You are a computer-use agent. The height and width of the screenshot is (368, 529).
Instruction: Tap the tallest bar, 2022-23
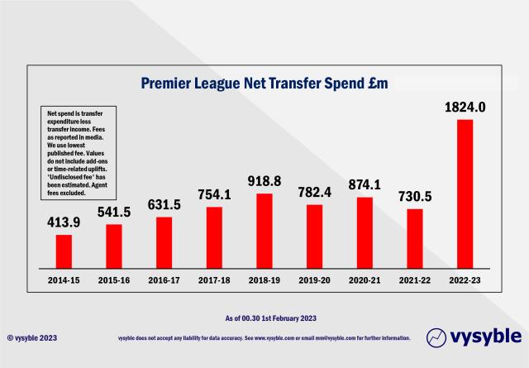click(x=465, y=194)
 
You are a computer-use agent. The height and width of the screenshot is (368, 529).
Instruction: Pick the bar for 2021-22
click(x=415, y=238)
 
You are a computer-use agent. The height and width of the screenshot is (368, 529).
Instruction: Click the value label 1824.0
click(x=465, y=108)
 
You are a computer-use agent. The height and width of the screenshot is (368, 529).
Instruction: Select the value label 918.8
click(x=264, y=180)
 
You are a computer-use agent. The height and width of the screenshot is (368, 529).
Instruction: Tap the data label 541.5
click(x=113, y=212)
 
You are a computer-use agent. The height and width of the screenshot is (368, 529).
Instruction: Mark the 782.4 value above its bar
click(x=314, y=192)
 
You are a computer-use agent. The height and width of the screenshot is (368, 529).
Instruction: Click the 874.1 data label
click(x=365, y=184)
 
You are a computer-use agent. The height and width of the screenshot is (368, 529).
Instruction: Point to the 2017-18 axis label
click(x=214, y=280)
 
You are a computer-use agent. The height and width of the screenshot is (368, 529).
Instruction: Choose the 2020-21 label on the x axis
click(x=365, y=280)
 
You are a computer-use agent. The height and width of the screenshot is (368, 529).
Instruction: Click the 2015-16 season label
click(x=113, y=280)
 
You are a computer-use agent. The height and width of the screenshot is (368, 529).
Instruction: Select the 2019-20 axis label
click(x=314, y=280)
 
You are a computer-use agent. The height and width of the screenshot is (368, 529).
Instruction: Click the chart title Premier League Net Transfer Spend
click(x=264, y=84)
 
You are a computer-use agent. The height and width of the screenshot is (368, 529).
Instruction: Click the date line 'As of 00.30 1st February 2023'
click(x=264, y=318)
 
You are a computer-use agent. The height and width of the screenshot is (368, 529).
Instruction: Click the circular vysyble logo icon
click(x=437, y=337)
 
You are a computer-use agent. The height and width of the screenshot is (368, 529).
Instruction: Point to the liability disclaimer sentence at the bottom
click(x=264, y=338)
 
